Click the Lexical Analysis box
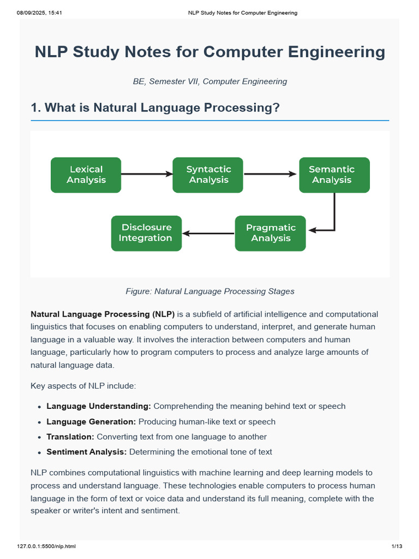(x=86, y=175)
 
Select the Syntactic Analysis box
(x=208, y=175)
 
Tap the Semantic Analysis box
(x=334, y=175)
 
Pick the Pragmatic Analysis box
(x=270, y=233)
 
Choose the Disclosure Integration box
(x=146, y=233)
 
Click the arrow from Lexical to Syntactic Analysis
(x=146, y=174)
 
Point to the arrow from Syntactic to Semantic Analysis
(x=271, y=174)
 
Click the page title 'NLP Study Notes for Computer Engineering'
(x=209, y=52)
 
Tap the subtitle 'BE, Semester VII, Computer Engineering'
(x=209, y=81)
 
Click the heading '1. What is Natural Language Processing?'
(x=155, y=108)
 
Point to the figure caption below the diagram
(x=209, y=291)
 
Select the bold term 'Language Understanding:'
(x=99, y=406)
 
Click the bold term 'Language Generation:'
(x=91, y=421)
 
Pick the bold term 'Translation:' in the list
(x=70, y=437)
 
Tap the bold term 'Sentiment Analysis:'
(x=87, y=452)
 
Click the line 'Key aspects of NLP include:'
(x=83, y=386)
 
